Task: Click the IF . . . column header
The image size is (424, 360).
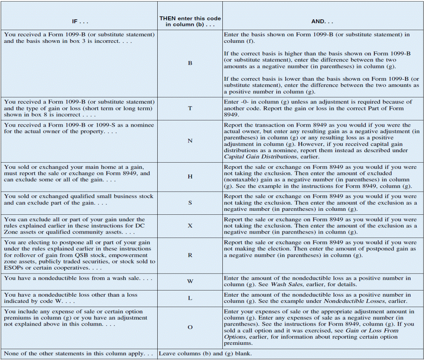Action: pyautogui.click(x=80, y=22)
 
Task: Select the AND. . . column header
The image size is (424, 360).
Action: pyautogui.click(x=322, y=22)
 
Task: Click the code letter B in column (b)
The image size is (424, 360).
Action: pyautogui.click(x=190, y=63)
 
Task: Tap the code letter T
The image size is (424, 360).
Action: pyautogui.click(x=190, y=108)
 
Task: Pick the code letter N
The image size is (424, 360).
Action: pyautogui.click(x=190, y=141)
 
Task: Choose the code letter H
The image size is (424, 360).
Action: pyautogui.click(x=190, y=177)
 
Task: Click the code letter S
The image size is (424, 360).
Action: pyautogui.click(x=190, y=203)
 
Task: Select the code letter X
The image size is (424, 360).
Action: pyautogui.click(x=190, y=226)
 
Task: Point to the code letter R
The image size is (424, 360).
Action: pyautogui.click(x=190, y=255)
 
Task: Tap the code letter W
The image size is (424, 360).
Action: pyautogui.click(x=190, y=281)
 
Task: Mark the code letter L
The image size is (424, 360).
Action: pyautogui.click(x=190, y=298)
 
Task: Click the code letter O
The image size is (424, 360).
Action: pyautogui.click(x=190, y=327)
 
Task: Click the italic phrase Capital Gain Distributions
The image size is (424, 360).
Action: pyautogui.click(x=256, y=157)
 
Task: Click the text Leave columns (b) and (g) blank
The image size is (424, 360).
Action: pyautogui.click(x=205, y=353)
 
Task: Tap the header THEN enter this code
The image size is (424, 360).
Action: pyautogui.click(x=190, y=18)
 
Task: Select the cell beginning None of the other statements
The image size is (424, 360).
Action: pyautogui.click(x=78, y=353)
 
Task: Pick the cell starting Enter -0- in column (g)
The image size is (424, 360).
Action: pyautogui.click(x=318, y=108)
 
